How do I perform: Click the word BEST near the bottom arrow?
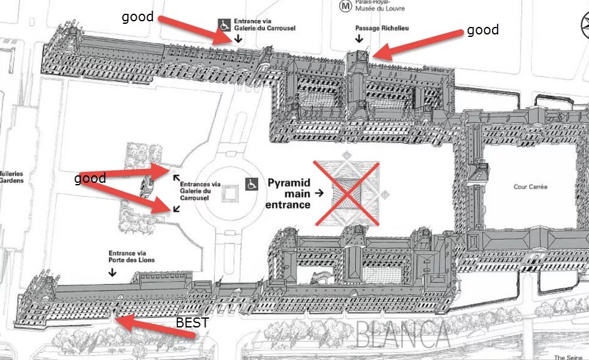192,323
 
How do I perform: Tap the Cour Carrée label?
530,187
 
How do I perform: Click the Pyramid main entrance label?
289,193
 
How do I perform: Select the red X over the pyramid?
347,193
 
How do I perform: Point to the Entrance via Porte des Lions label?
131,256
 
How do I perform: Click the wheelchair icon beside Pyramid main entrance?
252,184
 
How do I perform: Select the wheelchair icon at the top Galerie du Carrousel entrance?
224,25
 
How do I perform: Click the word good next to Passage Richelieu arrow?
482,30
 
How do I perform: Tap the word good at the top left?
137,17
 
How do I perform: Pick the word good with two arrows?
90,179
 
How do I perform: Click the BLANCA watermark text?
402,335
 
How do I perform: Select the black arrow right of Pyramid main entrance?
320,193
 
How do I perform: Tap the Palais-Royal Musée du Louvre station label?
379,6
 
